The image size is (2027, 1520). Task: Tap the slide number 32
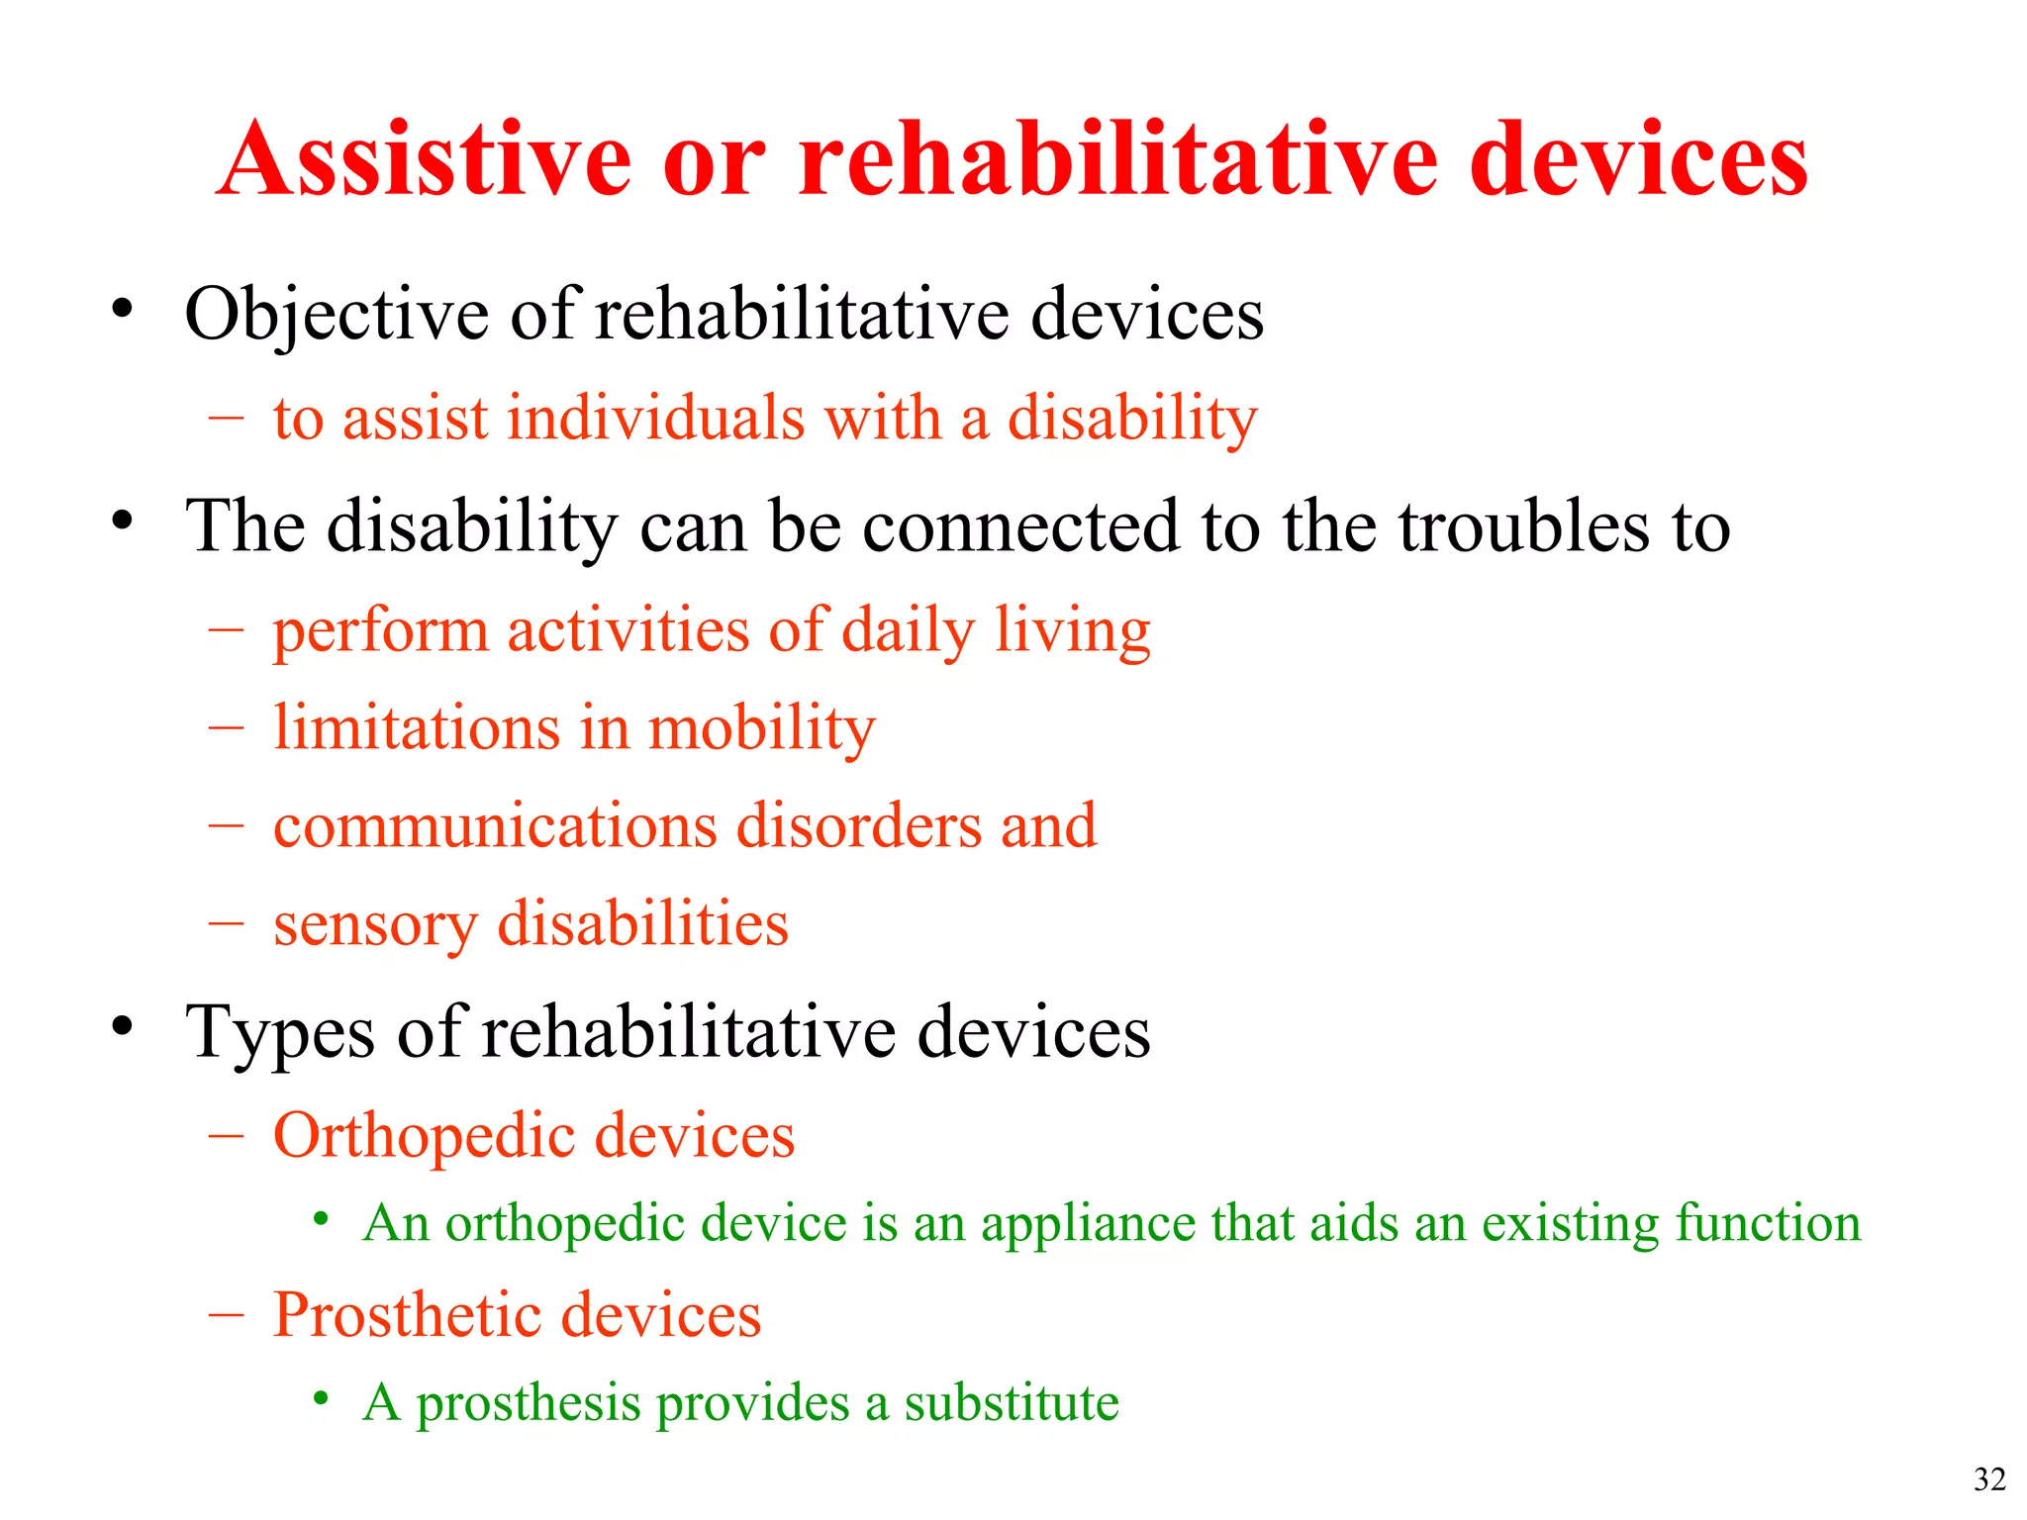(1989, 1478)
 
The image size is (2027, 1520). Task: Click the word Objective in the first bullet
(337, 315)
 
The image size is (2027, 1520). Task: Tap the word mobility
(761, 728)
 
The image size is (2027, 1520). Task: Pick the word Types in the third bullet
(280, 1032)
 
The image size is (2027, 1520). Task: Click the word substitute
(1011, 1402)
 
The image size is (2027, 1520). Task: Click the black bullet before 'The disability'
(122, 519)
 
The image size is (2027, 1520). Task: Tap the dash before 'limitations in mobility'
(226, 728)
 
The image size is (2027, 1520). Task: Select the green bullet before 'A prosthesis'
(320, 1398)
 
